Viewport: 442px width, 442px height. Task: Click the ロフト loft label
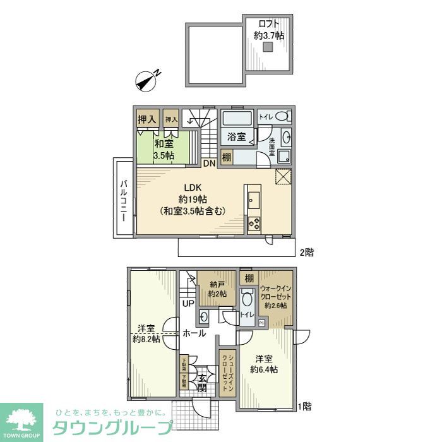click(x=268, y=30)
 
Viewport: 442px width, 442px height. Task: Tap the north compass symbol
click(x=146, y=81)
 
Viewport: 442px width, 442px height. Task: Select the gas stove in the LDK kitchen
click(x=254, y=223)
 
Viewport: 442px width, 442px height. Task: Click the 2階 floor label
click(x=306, y=252)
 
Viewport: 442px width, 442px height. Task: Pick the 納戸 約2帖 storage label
click(x=217, y=289)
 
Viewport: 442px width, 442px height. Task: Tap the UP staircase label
click(x=188, y=304)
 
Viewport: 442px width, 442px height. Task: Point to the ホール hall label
click(x=194, y=333)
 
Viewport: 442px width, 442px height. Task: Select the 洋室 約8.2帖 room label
click(x=146, y=333)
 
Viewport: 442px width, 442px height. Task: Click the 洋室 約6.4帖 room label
click(x=263, y=364)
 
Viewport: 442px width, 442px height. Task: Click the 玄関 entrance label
click(x=201, y=383)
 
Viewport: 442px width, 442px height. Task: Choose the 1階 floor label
click(x=306, y=406)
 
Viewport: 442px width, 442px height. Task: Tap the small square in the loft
click(x=268, y=47)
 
